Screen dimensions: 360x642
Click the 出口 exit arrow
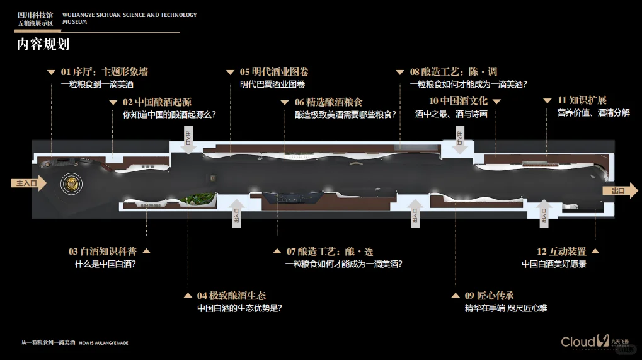620,191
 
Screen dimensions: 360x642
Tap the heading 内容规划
43,44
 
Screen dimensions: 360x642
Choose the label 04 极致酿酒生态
231,295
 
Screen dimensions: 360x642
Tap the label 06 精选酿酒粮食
329,102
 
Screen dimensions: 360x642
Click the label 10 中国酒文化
458,101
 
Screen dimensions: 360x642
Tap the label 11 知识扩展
582,101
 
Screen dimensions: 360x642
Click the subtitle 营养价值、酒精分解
593,113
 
